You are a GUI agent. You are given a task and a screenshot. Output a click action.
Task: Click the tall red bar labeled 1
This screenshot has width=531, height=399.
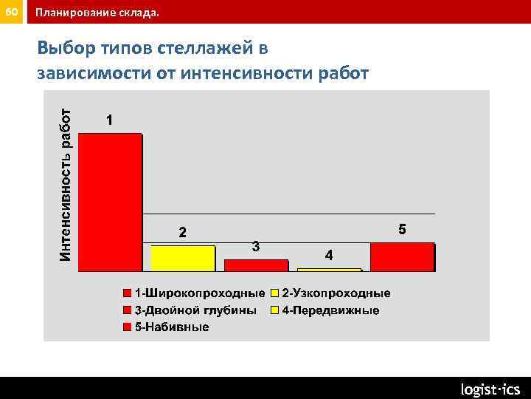point(110,202)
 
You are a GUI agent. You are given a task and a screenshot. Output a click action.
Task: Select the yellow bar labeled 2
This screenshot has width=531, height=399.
point(183,258)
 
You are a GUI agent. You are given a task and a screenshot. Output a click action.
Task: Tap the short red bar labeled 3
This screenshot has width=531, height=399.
point(255,265)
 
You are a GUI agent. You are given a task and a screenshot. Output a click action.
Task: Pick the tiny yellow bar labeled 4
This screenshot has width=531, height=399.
point(328,270)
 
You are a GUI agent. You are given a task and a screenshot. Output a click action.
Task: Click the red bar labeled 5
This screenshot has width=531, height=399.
point(402,257)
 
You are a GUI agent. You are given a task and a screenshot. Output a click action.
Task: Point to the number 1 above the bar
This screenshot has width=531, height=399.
point(109,120)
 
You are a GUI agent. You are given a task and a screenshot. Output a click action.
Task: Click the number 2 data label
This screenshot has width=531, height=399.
point(183,233)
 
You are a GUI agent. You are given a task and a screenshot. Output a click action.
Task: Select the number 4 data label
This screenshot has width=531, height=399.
point(329,255)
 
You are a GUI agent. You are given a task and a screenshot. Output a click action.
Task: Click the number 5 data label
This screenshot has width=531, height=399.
point(402,229)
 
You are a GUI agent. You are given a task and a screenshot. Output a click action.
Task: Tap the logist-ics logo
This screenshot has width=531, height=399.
point(490,389)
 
